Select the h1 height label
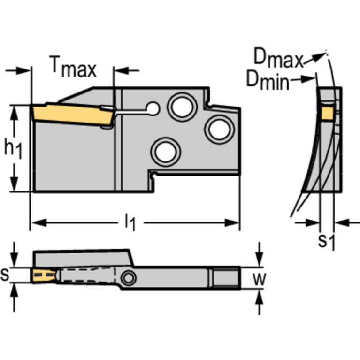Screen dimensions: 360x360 click(x=13, y=148)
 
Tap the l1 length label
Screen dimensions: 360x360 click(x=130, y=222)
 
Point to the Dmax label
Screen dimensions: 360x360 click(x=278, y=57)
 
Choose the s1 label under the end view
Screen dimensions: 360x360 click(x=326, y=241)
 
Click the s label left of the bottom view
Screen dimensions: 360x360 click(x=5, y=275)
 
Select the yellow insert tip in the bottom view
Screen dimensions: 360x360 click(x=43, y=275)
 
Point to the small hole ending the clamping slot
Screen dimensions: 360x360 click(x=152, y=109)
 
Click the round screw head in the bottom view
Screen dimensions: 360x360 click(x=127, y=278)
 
